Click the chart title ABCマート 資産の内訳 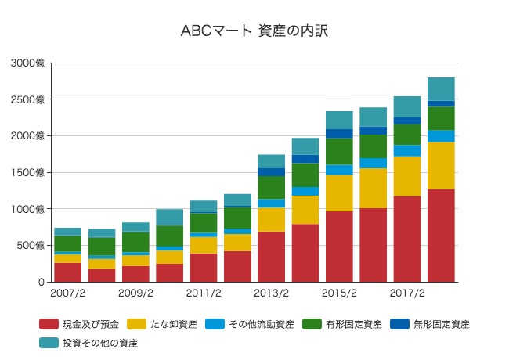point(254,31)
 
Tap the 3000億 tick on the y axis point(28,63)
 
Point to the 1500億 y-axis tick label point(28,172)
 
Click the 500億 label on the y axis point(31,246)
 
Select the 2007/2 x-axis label point(67,294)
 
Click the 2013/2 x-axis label point(271,294)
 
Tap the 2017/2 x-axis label point(406,294)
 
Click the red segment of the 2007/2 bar point(67,272)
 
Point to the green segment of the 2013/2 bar point(271,187)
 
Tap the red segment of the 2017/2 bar point(406,239)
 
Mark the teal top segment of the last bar point(441,88)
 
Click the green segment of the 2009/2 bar point(135,242)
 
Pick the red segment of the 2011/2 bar point(203,267)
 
